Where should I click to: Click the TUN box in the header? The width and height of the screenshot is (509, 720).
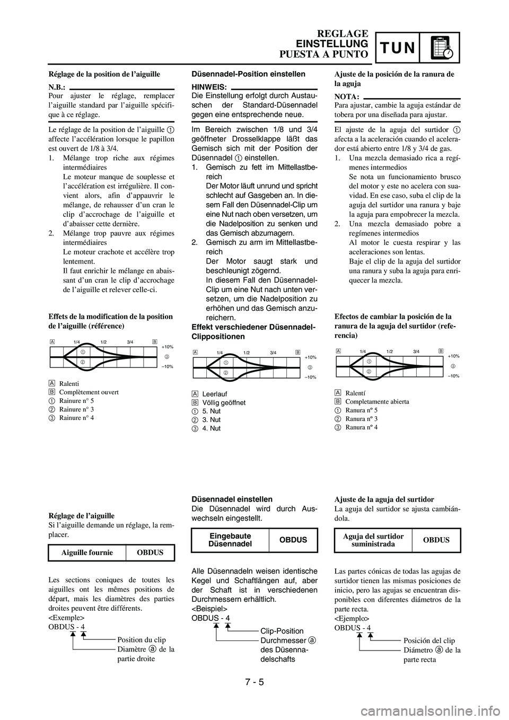point(397,48)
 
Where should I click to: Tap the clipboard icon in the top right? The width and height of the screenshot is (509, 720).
point(440,47)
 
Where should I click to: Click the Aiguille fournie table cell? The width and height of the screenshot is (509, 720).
point(87,552)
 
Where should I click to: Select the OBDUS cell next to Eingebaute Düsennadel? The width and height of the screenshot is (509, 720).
point(293,540)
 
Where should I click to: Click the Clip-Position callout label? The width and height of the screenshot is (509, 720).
point(282,631)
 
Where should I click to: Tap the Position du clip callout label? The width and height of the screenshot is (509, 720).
point(141,640)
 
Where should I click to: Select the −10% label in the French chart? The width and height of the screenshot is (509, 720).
point(168,366)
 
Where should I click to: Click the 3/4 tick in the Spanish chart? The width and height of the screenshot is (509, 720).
point(416,351)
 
